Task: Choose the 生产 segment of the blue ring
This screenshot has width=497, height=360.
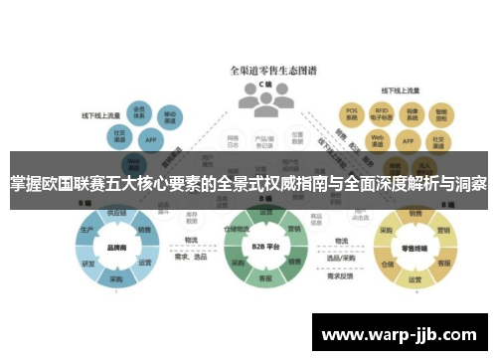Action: tap(87, 230)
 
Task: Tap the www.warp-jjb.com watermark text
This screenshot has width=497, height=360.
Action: tap(400, 332)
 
